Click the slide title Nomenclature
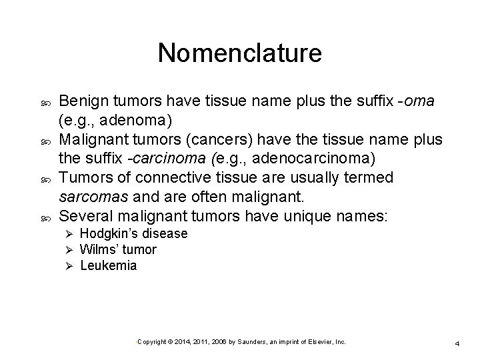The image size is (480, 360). (x=239, y=53)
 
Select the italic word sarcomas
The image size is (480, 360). (x=89, y=197)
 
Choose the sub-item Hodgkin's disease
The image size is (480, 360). (x=133, y=234)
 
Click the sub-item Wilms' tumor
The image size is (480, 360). (x=118, y=250)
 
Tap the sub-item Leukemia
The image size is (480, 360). (x=108, y=266)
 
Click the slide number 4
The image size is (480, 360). (x=457, y=343)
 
